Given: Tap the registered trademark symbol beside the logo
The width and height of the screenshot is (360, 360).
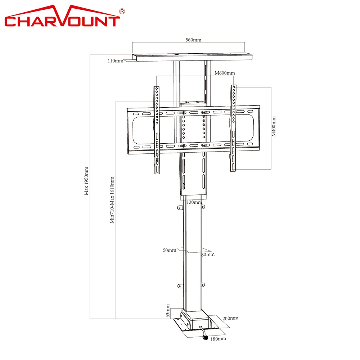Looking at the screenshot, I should point(122,12).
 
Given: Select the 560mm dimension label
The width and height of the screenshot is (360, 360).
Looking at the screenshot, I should point(193,40).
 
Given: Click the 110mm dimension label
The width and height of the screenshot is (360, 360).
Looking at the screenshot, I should point(115,61).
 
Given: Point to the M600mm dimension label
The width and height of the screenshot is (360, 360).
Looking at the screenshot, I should point(225,73).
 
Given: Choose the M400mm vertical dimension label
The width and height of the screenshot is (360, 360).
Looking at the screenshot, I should point(274,126).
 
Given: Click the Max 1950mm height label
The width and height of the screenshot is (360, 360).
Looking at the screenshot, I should point(86,181).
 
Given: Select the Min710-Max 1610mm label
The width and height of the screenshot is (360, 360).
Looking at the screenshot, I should point(112,200).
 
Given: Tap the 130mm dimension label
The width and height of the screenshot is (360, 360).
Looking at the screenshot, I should point(194,202).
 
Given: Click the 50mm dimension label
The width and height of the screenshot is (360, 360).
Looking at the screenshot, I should point(169,250).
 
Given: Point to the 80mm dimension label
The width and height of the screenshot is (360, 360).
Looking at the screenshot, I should point(208,255).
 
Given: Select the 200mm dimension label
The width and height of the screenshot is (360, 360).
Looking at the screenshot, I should point(230,318).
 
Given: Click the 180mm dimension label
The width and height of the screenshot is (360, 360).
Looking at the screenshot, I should point(219,339).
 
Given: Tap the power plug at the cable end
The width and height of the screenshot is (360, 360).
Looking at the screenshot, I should point(206,337).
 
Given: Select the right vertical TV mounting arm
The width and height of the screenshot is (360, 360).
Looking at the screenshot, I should point(234,128).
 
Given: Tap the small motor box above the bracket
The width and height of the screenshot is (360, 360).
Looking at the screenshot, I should point(193,103).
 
